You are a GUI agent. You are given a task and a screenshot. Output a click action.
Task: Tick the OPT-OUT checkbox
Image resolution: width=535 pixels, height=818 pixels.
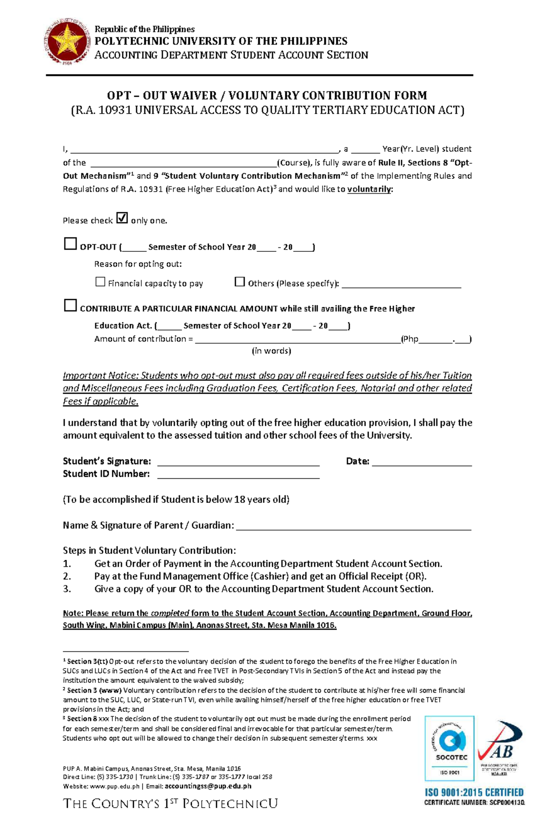tap(70, 244)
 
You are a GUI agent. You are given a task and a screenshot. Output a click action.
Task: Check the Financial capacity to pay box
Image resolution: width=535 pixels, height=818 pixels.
tap(100, 282)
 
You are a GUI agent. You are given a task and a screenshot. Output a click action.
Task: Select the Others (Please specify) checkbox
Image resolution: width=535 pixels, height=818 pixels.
tap(240, 282)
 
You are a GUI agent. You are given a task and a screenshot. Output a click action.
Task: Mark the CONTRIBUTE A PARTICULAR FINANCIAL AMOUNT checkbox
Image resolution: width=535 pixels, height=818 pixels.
tap(70, 305)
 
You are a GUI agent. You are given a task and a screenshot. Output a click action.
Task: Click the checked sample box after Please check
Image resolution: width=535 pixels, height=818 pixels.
tap(122, 218)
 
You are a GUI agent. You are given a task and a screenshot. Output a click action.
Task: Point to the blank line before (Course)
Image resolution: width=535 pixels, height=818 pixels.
tap(183, 164)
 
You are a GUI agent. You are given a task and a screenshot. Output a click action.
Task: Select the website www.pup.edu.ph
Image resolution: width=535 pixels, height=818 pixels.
tap(115, 786)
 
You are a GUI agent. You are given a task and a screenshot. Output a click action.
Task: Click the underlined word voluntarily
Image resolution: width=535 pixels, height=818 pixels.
tap(369, 189)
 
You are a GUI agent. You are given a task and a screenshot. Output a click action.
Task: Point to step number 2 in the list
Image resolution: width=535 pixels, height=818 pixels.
tap(67, 576)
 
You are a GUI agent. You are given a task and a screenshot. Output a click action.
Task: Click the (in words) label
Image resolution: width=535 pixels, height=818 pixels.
tap(272, 351)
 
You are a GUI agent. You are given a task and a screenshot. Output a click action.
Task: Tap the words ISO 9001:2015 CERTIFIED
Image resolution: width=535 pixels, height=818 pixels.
tap(473, 792)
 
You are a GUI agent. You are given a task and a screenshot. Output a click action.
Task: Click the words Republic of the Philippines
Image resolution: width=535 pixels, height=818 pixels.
tap(144, 29)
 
